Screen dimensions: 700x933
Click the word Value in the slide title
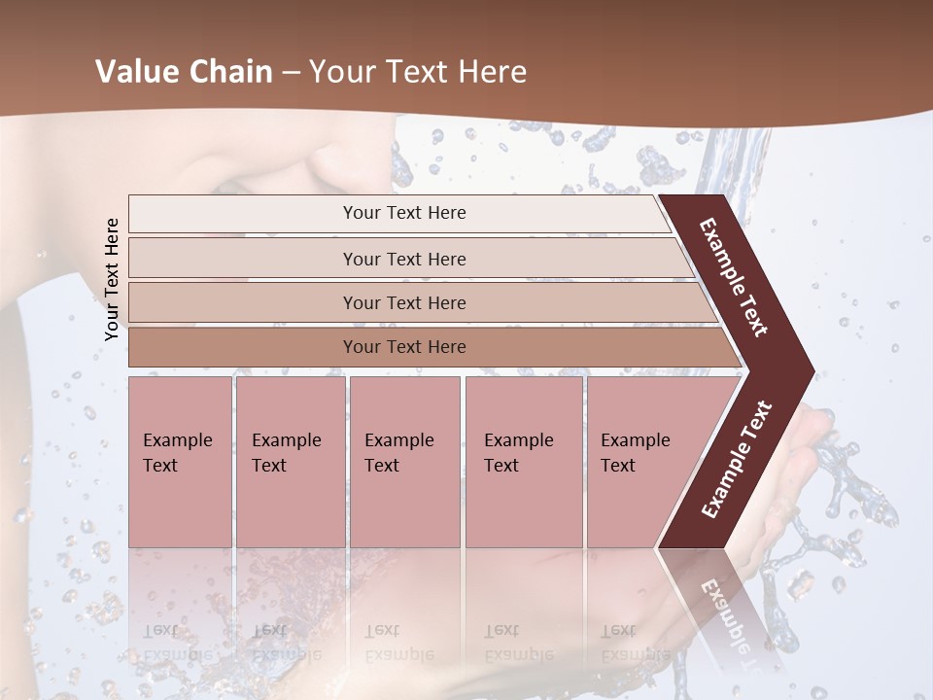(x=135, y=72)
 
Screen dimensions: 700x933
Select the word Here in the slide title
(x=492, y=72)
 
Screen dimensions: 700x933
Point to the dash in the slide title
(x=291, y=73)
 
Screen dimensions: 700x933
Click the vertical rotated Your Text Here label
(x=112, y=279)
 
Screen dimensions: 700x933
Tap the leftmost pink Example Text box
(x=180, y=462)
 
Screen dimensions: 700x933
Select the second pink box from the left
(x=290, y=462)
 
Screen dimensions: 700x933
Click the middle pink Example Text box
(x=404, y=462)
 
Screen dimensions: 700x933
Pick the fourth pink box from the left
(x=523, y=462)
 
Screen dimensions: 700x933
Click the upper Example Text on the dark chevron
(x=734, y=277)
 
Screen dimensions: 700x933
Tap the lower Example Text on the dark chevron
(x=737, y=459)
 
